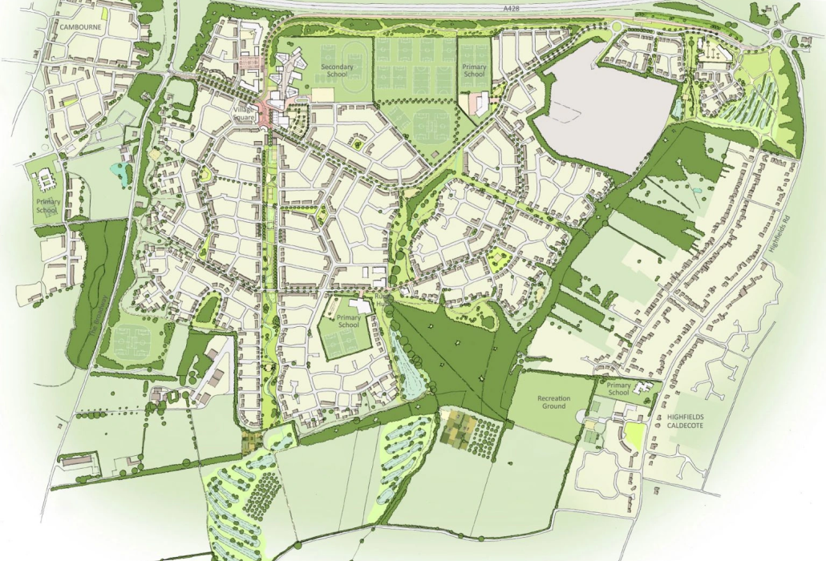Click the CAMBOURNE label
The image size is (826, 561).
pos(78,26)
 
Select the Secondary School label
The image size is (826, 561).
pos(333,70)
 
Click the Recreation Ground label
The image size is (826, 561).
pos(553,402)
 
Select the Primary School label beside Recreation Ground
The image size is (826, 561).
pos(619,389)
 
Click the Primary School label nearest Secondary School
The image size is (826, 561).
pos(474,70)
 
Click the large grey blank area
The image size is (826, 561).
pos(601,104)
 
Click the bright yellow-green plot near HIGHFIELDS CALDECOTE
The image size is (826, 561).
pos(634,435)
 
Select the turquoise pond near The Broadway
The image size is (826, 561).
pos(122,172)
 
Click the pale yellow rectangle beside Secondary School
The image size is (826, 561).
pos(322,95)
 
